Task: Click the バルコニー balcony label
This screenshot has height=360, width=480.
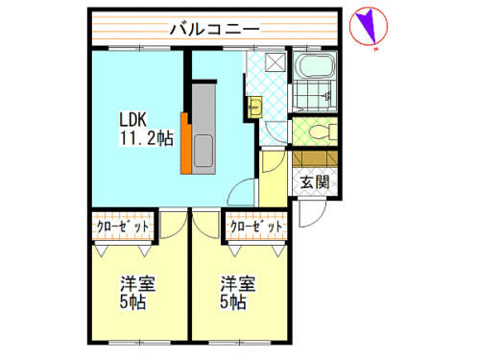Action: click(x=214, y=29)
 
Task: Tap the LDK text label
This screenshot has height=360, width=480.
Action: click(x=132, y=120)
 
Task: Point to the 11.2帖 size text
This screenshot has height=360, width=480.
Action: click(x=147, y=138)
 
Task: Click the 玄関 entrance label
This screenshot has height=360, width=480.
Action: click(x=315, y=182)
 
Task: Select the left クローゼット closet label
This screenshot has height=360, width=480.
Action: click(x=123, y=227)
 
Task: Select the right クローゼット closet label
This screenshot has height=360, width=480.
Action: click(x=256, y=227)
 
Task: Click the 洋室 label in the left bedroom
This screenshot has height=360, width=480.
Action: click(x=137, y=283)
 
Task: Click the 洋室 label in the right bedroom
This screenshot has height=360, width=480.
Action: click(x=238, y=283)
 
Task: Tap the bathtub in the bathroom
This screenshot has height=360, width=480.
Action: click(x=315, y=66)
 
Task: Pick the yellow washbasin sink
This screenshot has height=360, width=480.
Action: click(x=255, y=108)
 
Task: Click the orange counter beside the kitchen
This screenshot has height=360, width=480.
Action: click(x=185, y=143)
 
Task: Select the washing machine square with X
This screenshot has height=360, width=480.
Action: click(x=276, y=61)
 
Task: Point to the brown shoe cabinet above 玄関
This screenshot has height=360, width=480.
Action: click(x=315, y=159)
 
